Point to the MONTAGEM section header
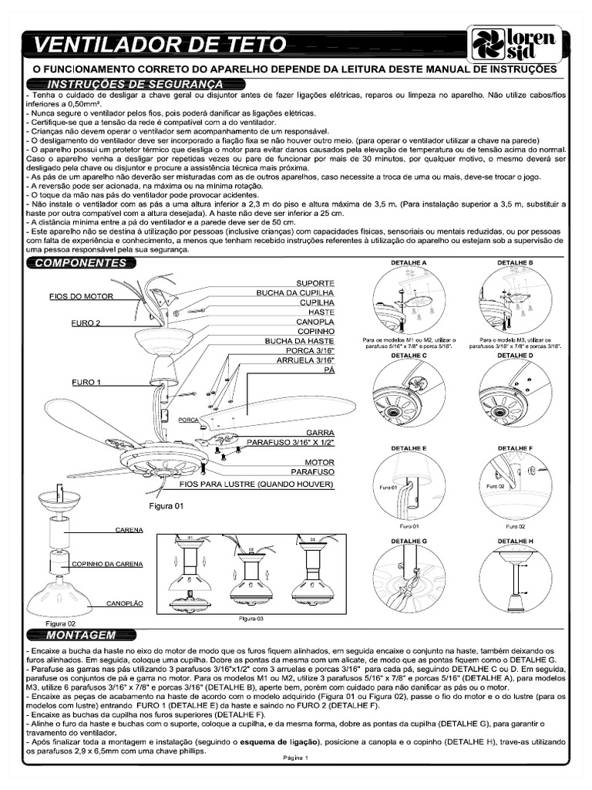81,635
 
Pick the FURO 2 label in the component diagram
87,323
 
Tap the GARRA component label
319,433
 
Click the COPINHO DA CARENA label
107,564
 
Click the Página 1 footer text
295,758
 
